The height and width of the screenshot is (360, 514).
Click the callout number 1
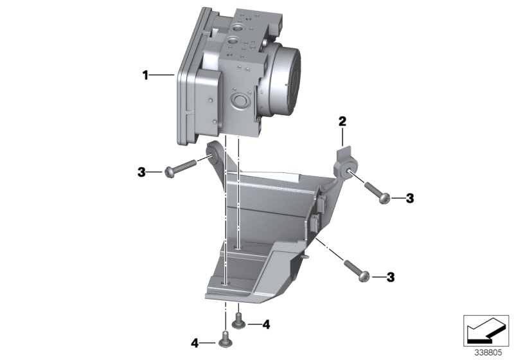pyautogui.click(x=145, y=76)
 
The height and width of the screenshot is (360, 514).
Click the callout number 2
pyautogui.click(x=342, y=121)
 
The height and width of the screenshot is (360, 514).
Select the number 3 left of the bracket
pyautogui.click(x=141, y=172)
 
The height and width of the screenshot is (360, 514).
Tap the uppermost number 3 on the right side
pyautogui.click(x=409, y=199)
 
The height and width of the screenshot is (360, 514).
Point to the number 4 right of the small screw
pyautogui.click(x=266, y=325)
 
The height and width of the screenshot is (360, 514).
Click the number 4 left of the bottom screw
pyautogui.click(x=194, y=341)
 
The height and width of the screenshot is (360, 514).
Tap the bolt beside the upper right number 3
pyautogui.click(x=377, y=192)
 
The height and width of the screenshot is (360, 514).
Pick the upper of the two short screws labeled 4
pyautogui.click(x=239, y=319)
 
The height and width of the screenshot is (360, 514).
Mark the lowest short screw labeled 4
pyautogui.click(x=225, y=338)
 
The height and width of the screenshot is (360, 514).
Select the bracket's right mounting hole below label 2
pyautogui.click(x=346, y=170)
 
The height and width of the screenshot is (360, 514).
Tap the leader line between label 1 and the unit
pyautogui.click(x=163, y=76)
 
